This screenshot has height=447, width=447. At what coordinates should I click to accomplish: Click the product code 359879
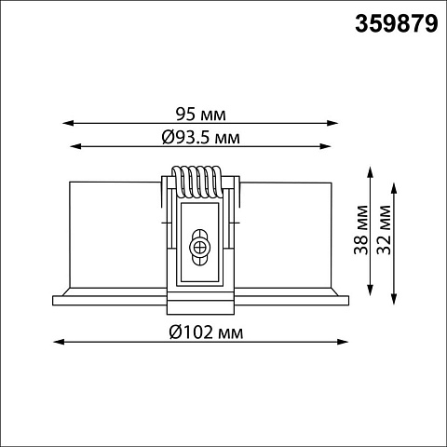coord(397,24)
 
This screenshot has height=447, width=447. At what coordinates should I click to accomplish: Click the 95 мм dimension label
coord(200,115)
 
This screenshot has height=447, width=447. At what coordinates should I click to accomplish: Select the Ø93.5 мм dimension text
coord(201,137)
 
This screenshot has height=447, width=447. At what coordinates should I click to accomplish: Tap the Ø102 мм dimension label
coord(206,332)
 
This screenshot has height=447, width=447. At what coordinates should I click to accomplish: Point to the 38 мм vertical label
coord(361,230)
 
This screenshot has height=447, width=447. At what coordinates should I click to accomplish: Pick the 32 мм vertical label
coord(385,230)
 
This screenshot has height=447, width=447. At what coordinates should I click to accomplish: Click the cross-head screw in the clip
coord(199,248)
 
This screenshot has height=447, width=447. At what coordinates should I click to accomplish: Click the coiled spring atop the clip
coord(197,182)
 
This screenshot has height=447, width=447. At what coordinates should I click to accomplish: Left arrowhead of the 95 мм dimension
coord(68,123)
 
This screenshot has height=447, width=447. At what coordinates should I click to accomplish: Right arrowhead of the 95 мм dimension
coord(332,123)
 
